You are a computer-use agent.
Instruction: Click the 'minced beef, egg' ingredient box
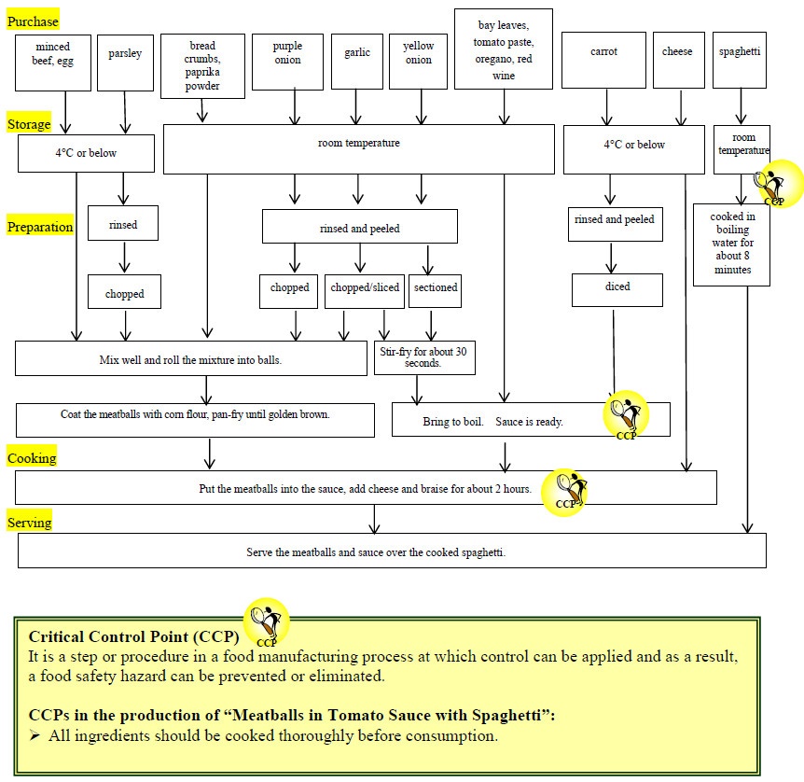[52, 63]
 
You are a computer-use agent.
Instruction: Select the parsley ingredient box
[124, 63]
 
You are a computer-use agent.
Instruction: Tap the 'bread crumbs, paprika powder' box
[202, 65]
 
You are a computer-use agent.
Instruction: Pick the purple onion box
[287, 61]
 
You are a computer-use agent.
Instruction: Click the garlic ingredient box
[356, 61]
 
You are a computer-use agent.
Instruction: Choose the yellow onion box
[418, 61]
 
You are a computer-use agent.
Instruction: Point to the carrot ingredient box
[603, 63]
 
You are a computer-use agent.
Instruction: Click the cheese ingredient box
[677, 61]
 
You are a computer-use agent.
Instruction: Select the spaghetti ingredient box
[740, 61]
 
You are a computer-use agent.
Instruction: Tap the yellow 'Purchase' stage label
[33, 21]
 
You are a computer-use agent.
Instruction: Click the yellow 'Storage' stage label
[29, 124]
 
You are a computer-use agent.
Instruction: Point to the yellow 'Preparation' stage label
[40, 227]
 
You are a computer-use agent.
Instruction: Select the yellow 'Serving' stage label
[29, 523]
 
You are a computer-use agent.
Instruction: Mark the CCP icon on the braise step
[566, 491]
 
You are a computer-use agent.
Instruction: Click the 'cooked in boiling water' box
[731, 244]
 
